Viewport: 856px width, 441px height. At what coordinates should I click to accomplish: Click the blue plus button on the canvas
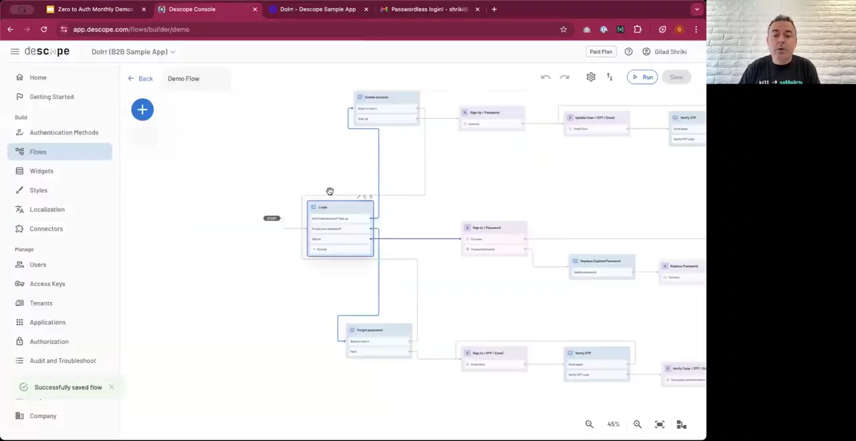coord(142,110)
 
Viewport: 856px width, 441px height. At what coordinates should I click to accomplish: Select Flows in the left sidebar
coord(38,152)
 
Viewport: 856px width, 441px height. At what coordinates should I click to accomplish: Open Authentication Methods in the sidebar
coord(64,132)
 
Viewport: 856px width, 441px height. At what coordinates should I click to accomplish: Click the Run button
coord(642,78)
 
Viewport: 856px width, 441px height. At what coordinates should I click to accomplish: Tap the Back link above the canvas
coord(140,79)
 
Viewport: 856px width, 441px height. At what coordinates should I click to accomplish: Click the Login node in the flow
coord(340,228)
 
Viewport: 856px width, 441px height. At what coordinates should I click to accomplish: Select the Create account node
coord(386,108)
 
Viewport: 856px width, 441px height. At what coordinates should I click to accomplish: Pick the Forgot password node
coord(379,340)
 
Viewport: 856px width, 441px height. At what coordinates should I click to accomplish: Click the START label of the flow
coord(272,218)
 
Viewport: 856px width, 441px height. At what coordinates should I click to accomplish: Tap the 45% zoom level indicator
coord(613,424)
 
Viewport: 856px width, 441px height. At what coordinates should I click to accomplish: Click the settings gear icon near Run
coord(591,78)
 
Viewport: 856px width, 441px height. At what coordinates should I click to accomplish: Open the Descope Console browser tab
coord(191,9)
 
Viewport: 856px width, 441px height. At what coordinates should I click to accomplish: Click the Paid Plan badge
coord(601,51)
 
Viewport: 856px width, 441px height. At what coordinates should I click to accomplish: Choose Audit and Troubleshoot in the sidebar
coord(63,361)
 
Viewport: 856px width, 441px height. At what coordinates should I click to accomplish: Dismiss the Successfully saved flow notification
coord(112,387)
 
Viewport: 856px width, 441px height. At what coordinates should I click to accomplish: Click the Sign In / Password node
coord(494,238)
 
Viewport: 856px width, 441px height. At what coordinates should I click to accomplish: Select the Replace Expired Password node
coord(601,266)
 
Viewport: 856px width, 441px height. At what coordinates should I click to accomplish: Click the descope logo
coord(47,51)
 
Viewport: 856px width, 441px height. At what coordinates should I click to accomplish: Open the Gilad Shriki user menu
coord(664,51)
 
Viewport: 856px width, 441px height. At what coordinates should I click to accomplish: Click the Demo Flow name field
coord(197,79)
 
